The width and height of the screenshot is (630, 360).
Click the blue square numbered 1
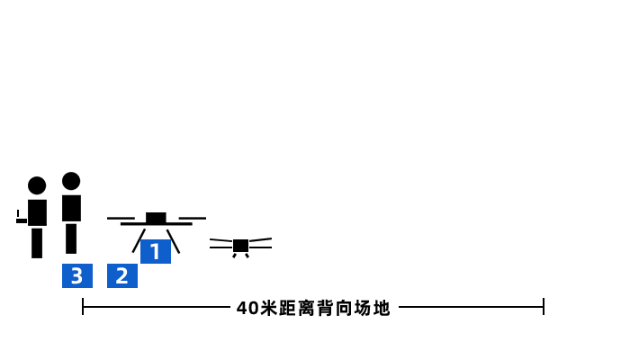(155, 252)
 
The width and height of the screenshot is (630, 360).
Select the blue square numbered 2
(122, 275)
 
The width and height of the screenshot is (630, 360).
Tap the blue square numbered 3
(77, 275)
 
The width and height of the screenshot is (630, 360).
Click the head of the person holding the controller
(37, 185)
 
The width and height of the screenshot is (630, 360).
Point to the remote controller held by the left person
(21, 219)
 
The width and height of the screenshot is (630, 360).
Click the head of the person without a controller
(71, 181)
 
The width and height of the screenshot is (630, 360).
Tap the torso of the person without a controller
(71, 208)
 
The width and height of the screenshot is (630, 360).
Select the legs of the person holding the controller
(37, 242)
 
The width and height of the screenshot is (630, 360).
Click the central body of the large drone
(156, 219)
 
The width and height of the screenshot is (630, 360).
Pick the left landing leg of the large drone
(139, 241)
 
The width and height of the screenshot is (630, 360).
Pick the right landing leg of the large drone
(173, 241)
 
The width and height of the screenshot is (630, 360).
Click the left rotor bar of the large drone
(121, 219)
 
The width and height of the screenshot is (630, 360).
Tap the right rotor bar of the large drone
(192, 219)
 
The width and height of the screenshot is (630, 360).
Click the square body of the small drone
(240, 246)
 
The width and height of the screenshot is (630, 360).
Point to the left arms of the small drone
(221, 244)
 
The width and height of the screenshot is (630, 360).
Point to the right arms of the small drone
(260, 243)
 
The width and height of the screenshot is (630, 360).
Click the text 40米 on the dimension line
(255, 308)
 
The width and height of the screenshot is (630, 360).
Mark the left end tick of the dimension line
(83, 307)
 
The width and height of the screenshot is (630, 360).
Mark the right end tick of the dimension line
(544, 307)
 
